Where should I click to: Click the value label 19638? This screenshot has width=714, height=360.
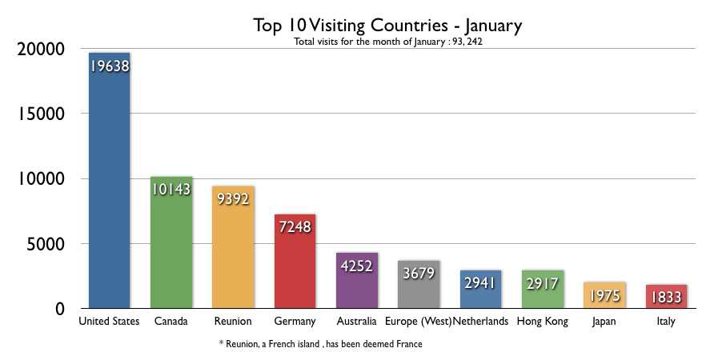pyautogui.click(x=109, y=66)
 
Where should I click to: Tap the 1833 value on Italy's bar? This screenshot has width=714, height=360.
pyautogui.click(x=666, y=297)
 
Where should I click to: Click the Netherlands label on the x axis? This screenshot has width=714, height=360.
pyautogui.click(x=480, y=322)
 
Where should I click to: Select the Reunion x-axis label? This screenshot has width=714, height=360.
pyautogui.click(x=233, y=322)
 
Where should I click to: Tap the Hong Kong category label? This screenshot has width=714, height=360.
pyautogui.click(x=542, y=322)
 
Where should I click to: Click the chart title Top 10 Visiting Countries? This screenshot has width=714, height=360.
pyautogui.click(x=387, y=26)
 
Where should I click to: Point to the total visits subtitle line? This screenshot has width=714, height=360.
pyautogui.click(x=387, y=42)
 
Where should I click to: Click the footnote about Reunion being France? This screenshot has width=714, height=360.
pyautogui.click(x=320, y=344)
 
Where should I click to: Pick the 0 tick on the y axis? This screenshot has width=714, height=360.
pyautogui.click(x=59, y=308)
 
